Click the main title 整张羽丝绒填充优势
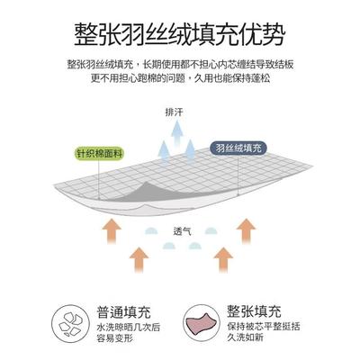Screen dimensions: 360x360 pos(179,34)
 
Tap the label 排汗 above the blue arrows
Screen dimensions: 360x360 pos(174,112)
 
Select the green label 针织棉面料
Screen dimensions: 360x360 pos(99,154)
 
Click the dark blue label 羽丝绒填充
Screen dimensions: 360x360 pos(238,148)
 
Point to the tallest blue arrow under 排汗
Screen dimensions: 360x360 pos(177,132)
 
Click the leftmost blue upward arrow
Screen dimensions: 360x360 pos(164,151)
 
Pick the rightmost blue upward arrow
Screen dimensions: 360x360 pos(190,150)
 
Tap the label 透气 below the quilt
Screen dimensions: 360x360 pos(182,231)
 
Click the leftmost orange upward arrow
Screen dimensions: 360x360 pos(112,230)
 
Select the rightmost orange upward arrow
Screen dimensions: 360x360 pos(246,230)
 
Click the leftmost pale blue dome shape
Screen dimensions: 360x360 pos(151,230)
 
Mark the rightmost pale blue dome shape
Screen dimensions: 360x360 pos(211,230)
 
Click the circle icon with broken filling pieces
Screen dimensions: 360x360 pos(70,324)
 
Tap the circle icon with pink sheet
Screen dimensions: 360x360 pos(202,324)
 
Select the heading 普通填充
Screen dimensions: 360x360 pos(123,312)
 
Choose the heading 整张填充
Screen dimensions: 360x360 pos(254,311)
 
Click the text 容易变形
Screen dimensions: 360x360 pos(115,338)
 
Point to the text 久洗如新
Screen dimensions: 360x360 pos(245,337)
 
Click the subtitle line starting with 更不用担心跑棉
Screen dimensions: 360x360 pos(180,78)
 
